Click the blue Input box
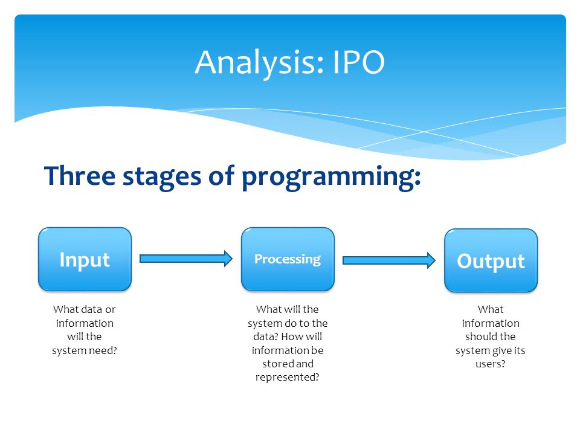tap(85, 259)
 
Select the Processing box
tap(288, 259)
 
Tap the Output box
tap(491, 261)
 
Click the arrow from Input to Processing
tap(186, 259)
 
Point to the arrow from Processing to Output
tap(389, 260)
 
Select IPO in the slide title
tap(359, 62)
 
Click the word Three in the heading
tap(80, 175)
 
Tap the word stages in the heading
tap(162, 178)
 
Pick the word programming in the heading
tap(331, 178)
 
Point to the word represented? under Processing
tap(287, 378)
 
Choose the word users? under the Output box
tap(490, 364)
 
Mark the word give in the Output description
tap(501, 351)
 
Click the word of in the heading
tap(222, 175)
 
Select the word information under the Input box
tap(85, 323)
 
